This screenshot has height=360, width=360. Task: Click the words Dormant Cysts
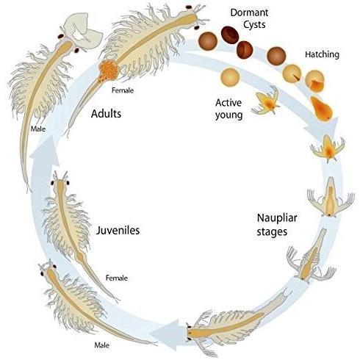[249, 18]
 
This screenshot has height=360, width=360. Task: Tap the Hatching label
[322, 54]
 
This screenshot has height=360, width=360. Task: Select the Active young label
[228, 109]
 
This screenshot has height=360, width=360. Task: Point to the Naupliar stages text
[277, 225]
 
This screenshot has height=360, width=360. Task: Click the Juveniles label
[118, 231]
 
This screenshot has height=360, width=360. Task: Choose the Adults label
[106, 114]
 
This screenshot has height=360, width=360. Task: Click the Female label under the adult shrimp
[123, 90]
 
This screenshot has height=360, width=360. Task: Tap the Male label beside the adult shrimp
[38, 129]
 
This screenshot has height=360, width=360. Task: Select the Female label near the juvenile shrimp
[117, 278]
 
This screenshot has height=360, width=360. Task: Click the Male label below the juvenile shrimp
[102, 345]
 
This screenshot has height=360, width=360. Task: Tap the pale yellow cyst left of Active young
[230, 77]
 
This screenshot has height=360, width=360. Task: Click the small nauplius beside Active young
[266, 101]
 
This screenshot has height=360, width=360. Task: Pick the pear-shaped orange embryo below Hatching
[321, 109]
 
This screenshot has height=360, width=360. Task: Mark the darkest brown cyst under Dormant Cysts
[230, 35]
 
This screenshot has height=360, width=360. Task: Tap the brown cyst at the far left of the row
[208, 41]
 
